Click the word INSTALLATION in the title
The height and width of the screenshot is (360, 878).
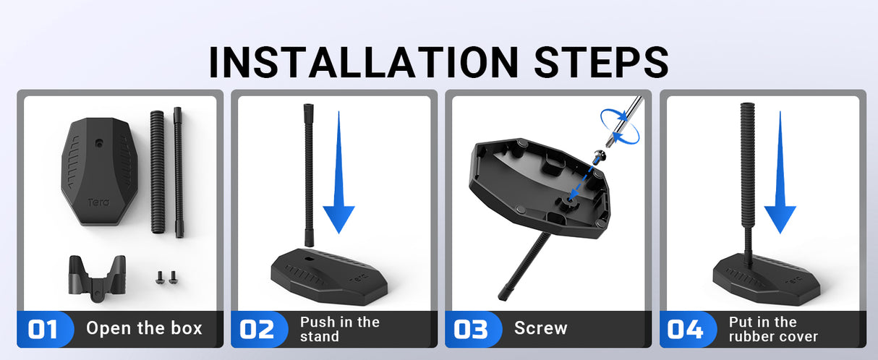(x=364, y=62)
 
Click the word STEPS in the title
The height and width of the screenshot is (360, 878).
(x=601, y=62)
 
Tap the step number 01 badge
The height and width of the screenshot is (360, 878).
(x=43, y=329)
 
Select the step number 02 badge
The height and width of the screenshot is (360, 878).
(x=257, y=329)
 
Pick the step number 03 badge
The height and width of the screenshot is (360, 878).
(x=471, y=329)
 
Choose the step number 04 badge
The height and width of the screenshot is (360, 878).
(x=686, y=329)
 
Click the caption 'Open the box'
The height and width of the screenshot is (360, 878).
(x=144, y=328)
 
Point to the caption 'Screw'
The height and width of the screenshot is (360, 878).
(x=541, y=328)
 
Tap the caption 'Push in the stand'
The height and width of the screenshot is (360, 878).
(x=340, y=329)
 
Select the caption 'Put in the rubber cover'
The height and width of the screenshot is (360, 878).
(x=773, y=329)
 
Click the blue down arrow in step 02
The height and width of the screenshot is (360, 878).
(x=338, y=172)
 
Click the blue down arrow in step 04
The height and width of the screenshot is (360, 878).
(x=780, y=172)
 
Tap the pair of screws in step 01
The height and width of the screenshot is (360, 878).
(x=166, y=277)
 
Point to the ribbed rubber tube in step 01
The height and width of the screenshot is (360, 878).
(x=158, y=172)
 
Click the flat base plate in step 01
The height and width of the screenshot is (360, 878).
(x=100, y=171)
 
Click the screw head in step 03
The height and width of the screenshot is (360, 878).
(x=600, y=155)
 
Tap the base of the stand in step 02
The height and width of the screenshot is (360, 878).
(x=329, y=277)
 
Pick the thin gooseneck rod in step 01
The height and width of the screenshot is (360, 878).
(x=179, y=172)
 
